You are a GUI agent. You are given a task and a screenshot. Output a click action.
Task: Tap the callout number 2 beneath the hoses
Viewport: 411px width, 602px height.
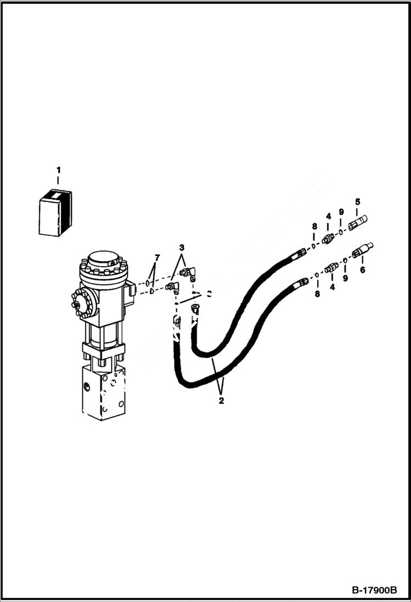pos(221,401)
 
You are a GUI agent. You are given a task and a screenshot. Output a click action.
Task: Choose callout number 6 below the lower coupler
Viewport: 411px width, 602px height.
pos(362,269)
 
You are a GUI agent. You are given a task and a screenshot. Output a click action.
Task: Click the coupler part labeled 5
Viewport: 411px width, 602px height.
pos(357,223)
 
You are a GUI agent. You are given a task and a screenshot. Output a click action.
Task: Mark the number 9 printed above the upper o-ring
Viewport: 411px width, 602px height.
pos(341,212)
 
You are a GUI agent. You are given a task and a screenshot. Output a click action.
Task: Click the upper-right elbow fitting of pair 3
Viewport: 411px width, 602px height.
pos(188,271)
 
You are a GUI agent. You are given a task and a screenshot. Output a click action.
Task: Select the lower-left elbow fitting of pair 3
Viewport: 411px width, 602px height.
pos(172,286)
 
